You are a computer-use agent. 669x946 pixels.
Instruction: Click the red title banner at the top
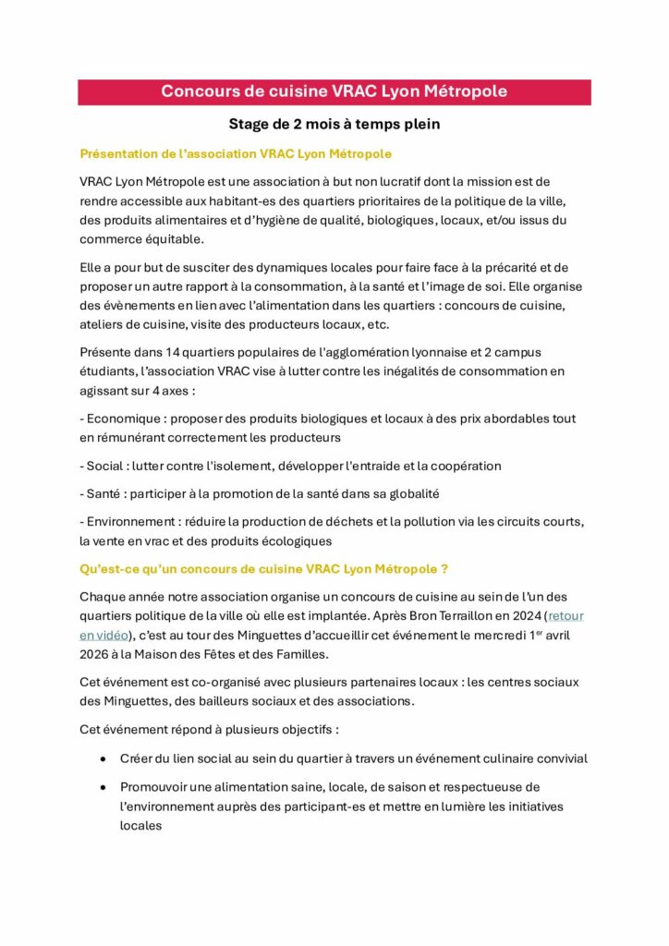334,91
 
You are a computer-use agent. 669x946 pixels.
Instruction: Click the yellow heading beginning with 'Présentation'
236,152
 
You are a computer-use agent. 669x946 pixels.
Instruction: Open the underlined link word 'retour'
566,615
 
